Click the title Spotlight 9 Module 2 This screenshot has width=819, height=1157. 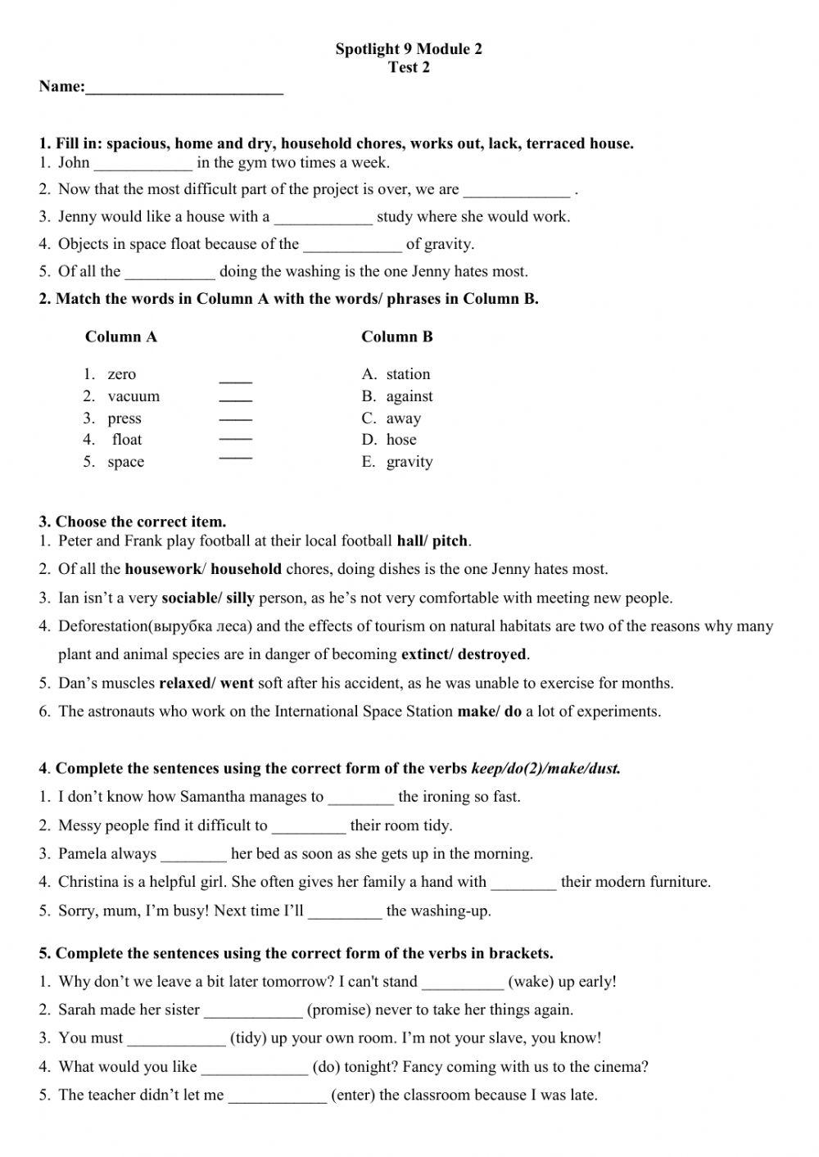click(408, 49)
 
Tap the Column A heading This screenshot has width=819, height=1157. click(121, 337)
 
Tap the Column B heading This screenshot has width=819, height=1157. click(397, 337)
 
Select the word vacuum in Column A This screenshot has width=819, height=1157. click(133, 396)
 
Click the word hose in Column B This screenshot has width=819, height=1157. click(401, 440)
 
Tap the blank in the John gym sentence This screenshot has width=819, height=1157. click(143, 164)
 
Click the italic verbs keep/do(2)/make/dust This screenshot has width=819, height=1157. click(545, 768)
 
